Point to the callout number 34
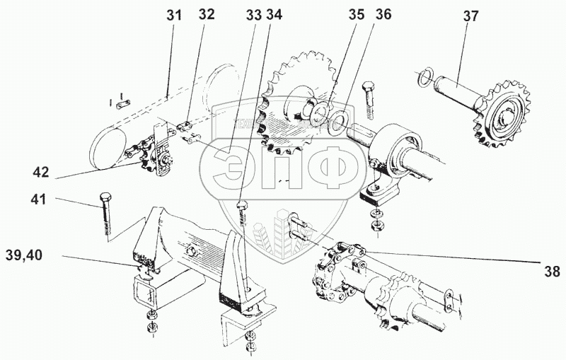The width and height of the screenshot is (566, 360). click(273, 13)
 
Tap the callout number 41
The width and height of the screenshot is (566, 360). click(38, 200)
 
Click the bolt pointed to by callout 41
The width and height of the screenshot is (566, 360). click(105, 211)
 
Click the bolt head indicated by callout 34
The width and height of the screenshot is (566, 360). click(243, 206)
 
